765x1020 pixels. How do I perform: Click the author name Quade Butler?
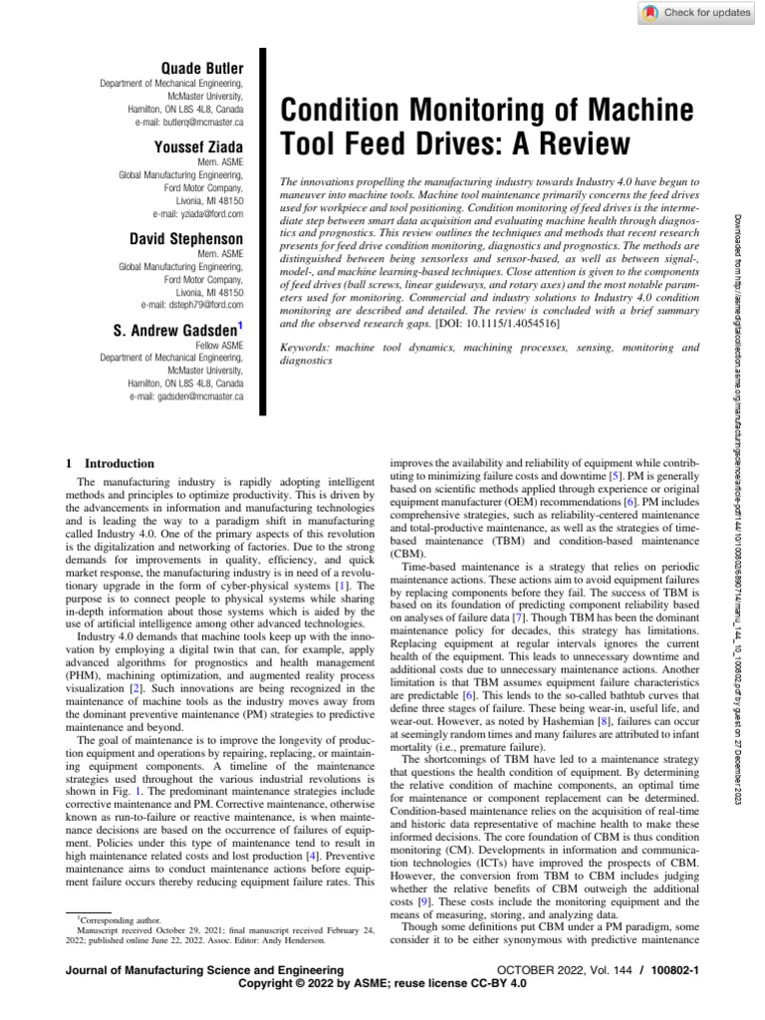point(202,67)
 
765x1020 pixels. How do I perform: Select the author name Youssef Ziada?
point(198,148)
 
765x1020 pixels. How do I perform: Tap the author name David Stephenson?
point(187,239)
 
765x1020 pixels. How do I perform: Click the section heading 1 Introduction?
point(110,463)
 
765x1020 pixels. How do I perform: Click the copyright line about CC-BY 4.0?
point(382,982)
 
